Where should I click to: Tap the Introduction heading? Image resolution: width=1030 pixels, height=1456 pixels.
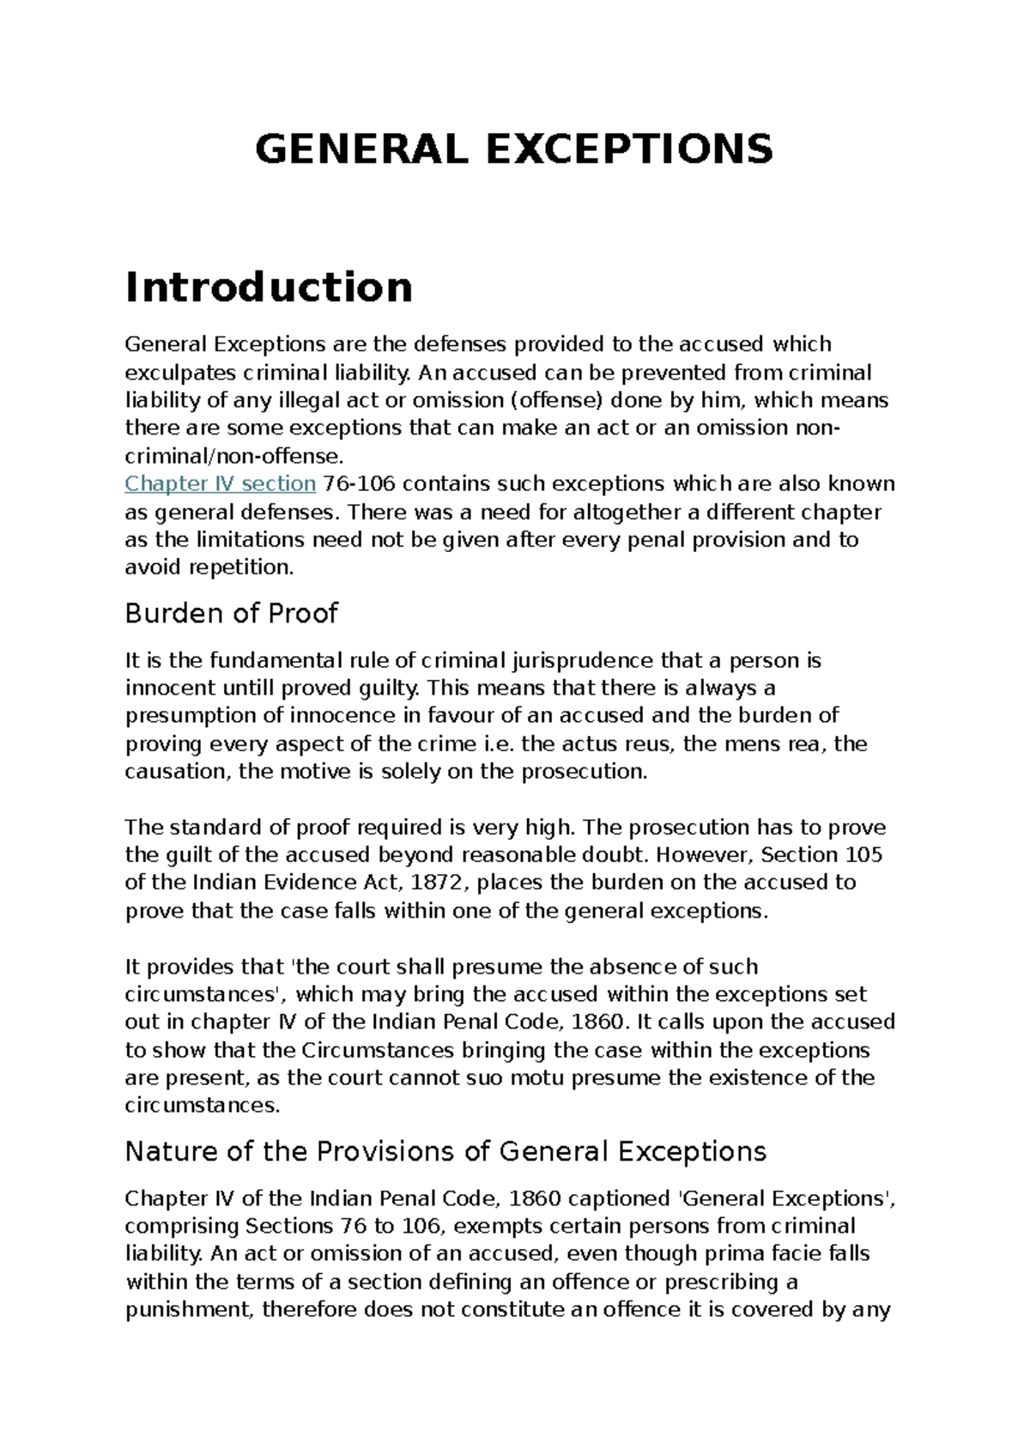coord(269,287)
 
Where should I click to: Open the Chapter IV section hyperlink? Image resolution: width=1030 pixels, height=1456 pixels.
coord(221,484)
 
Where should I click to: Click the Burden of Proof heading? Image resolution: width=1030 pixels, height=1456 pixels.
coord(231,613)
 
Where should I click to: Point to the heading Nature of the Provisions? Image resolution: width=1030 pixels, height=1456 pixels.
coord(445,1151)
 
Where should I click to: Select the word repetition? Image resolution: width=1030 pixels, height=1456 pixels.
coord(240,567)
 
